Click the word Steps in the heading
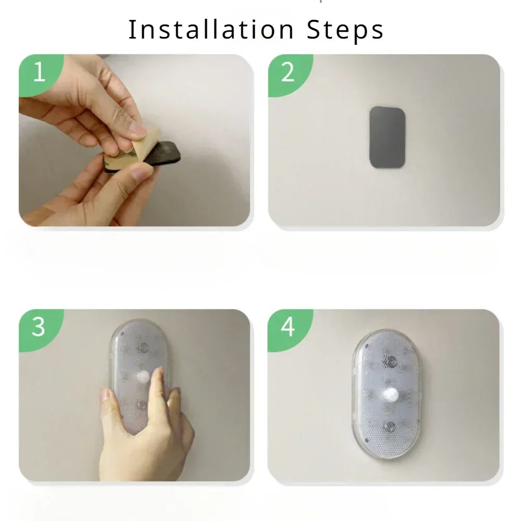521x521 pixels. pyautogui.click(x=345, y=31)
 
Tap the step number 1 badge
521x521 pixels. pyautogui.click(x=39, y=73)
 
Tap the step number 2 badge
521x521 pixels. pyautogui.click(x=288, y=73)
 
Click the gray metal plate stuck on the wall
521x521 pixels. pyautogui.click(x=388, y=137)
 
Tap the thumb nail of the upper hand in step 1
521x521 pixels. pyautogui.click(x=139, y=128)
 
